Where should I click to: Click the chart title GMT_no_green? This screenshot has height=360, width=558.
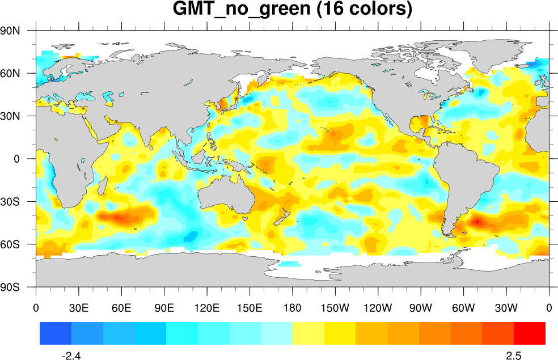pyautogui.click(x=292, y=10)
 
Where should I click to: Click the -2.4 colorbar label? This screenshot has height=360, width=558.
pyautogui.click(x=71, y=355)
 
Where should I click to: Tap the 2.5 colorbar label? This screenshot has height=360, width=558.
pyautogui.click(x=514, y=355)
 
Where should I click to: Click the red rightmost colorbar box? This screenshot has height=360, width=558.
pyautogui.click(x=530, y=333)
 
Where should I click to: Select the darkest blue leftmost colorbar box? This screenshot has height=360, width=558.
pyautogui.click(x=56, y=333)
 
